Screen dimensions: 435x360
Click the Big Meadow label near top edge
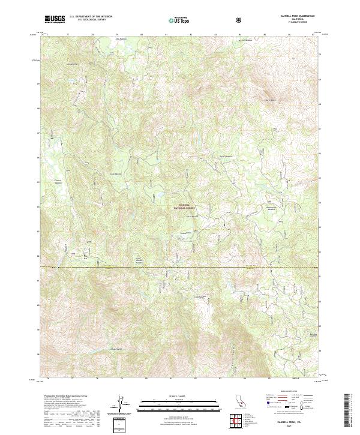122,39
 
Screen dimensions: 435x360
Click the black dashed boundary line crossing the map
180,268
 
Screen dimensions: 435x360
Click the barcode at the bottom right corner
348,411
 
